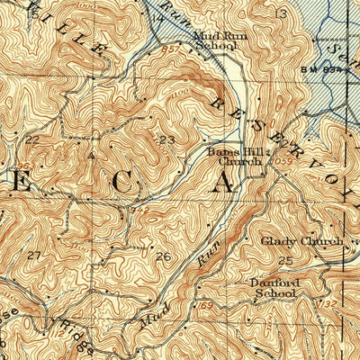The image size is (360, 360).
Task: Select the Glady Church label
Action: click(301, 242)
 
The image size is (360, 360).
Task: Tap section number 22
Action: click(33, 140)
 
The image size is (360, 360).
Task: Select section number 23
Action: click(166, 139)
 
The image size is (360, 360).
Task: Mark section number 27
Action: click(34, 256)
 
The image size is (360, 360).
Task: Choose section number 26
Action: click(163, 257)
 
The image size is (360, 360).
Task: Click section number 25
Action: click(286, 260)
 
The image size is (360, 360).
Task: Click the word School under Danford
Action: click(274, 292)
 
